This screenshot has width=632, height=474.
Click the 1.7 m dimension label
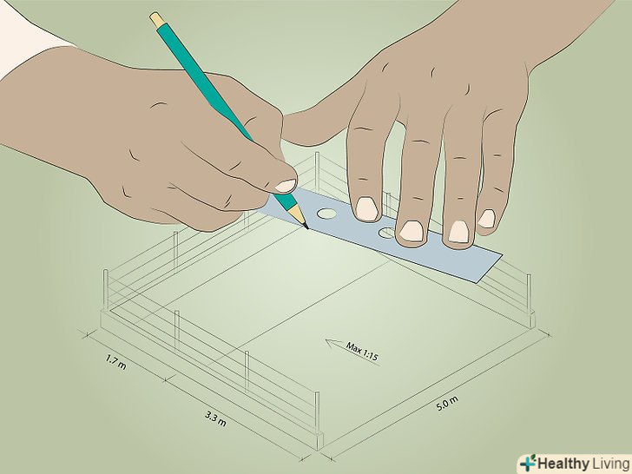(x=116, y=361)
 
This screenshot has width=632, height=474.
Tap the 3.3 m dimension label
(x=215, y=418)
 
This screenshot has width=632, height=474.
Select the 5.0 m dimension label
(x=447, y=404)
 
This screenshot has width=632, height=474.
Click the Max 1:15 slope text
(x=361, y=351)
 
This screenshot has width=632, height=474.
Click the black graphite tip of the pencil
(x=306, y=226)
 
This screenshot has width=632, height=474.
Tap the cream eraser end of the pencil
(x=155, y=18)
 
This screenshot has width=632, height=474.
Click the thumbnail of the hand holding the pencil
(x=286, y=186)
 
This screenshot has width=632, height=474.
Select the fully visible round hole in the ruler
(x=326, y=214)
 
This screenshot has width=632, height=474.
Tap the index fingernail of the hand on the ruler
(x=366, y=208)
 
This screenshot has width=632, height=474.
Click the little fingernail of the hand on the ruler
(x=486, y=219)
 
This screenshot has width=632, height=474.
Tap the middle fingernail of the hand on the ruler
(x=411, y=231)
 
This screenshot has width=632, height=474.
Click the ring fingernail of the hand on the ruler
(x=458, y=232)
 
